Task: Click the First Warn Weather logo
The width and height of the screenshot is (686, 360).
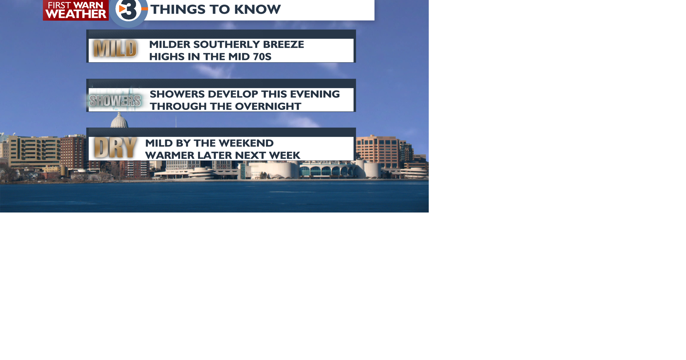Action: (76, 10)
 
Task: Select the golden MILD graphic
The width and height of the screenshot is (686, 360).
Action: (115, 49)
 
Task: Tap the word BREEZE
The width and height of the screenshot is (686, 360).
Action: (284, 44)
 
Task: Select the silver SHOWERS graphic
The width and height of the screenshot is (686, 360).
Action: (115, 101)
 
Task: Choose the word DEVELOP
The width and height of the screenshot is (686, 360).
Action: (233, 94)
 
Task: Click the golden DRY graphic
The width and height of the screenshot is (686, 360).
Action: (115, 147)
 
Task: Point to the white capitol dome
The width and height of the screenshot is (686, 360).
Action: (119, 120)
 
